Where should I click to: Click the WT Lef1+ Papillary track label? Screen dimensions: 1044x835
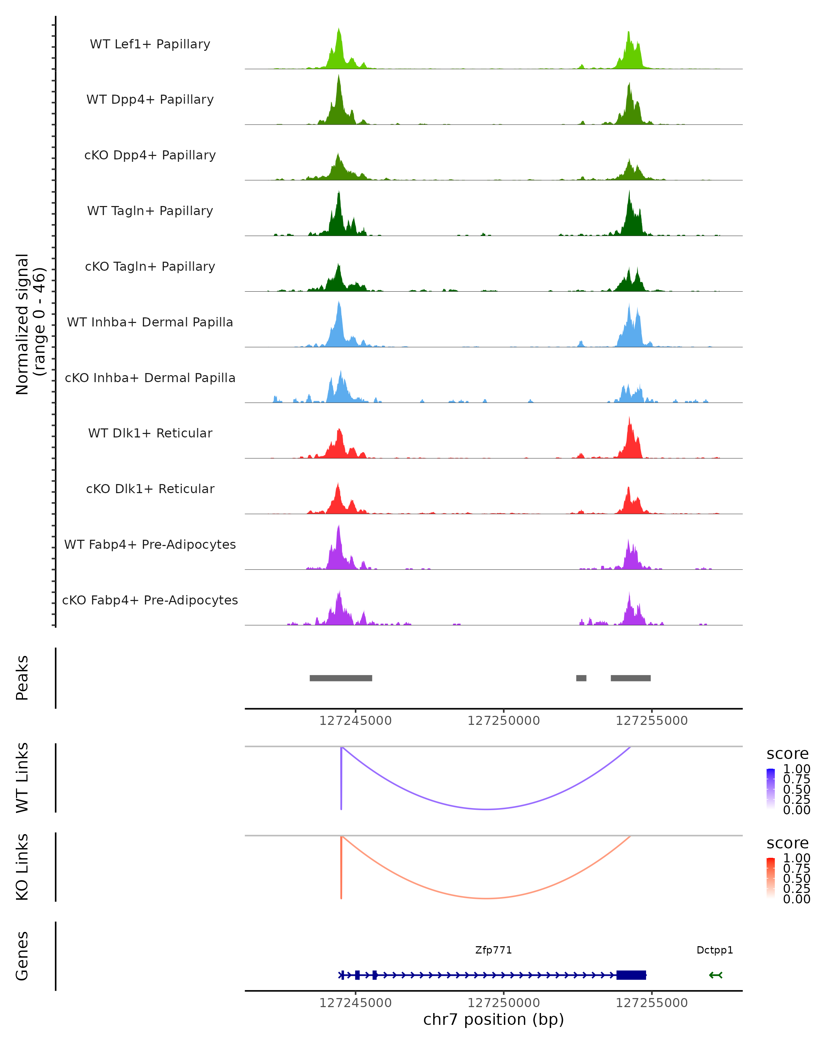click(x=150, y=44)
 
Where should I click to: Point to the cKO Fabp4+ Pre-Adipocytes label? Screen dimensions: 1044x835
click(x=150, y=600)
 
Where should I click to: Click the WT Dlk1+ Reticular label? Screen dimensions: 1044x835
click(x=150, y=433)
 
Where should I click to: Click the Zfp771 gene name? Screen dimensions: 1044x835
click(x=493, y=950)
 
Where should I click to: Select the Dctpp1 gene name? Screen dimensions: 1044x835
click(x=715, y=950)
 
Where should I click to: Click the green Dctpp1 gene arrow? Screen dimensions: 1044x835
click(x=715, y=975)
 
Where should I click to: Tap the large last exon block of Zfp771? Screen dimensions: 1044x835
click(x=631, y=975)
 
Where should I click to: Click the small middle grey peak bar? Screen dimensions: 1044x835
click(x=581, y=678)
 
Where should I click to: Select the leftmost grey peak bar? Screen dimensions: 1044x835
click(x=341, y=678)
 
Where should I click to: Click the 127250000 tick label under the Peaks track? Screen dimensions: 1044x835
click(x=503, y=721)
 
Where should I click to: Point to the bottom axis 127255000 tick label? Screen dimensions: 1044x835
click(x=652, y=1003)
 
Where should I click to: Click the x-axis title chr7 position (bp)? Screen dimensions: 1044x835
click(x=493, y=1020)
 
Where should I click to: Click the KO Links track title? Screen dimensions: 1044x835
click(x=22, y=867)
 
